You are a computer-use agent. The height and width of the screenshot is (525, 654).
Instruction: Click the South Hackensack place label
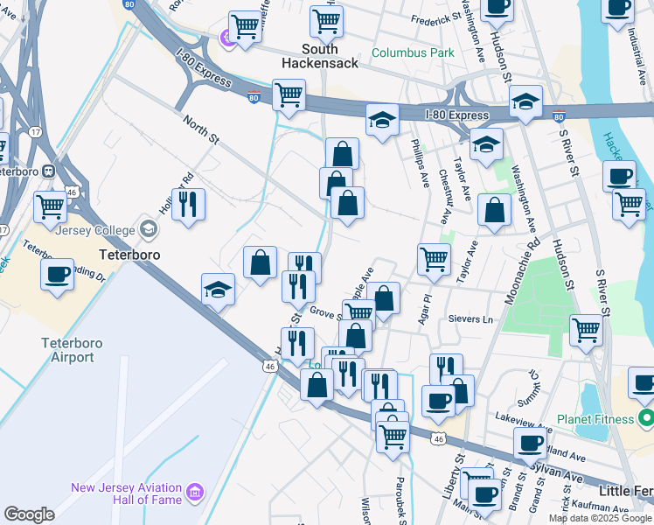point(320,56)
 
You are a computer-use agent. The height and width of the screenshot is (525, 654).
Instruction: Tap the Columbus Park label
point(413,52)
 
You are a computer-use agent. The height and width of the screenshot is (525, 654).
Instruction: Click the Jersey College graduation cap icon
point(149,230)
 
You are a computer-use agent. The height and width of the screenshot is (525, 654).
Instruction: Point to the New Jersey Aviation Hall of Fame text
point(126,493)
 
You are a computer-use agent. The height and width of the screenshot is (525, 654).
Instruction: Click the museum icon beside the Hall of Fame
point(194,494)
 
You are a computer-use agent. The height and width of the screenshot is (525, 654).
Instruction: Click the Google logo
point(29,514)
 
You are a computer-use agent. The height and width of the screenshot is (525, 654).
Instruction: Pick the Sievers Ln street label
point(470,320)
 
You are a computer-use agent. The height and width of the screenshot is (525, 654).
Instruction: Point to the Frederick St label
point(435,17)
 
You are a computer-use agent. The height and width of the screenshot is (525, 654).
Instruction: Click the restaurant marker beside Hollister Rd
point(188,205)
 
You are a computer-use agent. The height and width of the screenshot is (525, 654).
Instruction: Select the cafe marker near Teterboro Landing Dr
point(58,274)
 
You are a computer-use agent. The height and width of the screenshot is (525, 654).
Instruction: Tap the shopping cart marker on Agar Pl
point(435,259)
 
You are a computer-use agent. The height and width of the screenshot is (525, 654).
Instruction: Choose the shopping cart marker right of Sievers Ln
point(586,331)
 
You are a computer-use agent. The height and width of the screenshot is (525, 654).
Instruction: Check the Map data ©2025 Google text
point(601,518)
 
